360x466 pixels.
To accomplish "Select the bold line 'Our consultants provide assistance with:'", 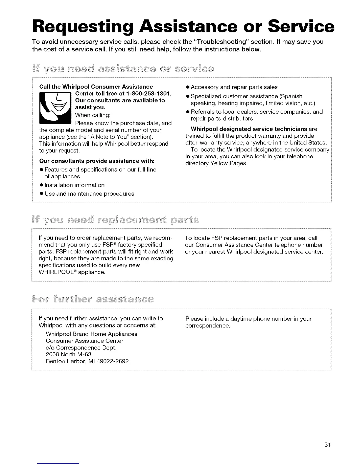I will click(97, 161).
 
